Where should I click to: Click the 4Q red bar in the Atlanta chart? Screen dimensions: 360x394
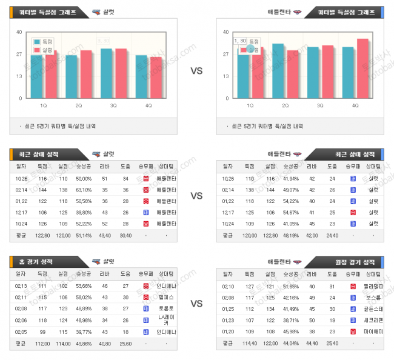tap(362, 68)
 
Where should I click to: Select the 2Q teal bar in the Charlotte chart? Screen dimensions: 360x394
tap(72, 77)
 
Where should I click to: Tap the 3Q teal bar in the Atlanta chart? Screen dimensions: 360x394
tap(313, 73)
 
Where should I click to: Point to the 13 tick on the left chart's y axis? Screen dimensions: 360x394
tap(19, 76)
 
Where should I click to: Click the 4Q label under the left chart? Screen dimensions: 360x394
tap(149, 105)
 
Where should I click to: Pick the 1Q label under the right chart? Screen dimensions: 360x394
tap(250, 105)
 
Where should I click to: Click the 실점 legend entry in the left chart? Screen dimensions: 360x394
tap(44, 50)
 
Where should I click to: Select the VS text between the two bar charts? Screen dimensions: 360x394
tap(196, 71)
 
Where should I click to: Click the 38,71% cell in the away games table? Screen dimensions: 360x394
tap(290, 320)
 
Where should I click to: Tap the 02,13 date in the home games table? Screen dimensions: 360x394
tap(21, 285)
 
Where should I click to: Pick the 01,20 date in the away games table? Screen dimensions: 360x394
tap(228, 332)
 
